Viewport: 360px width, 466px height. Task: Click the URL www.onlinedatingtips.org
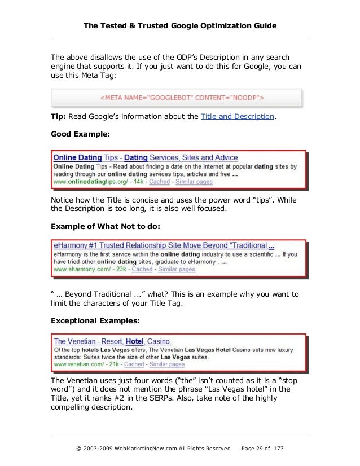[x=86, y=182]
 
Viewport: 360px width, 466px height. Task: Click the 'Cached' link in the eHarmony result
[x=142, y=270]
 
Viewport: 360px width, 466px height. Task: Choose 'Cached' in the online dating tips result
[x=159, y=182]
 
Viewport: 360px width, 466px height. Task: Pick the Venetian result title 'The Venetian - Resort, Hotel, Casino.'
[x=113, y=341]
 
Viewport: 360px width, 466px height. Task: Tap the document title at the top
[x=179, y=25]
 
